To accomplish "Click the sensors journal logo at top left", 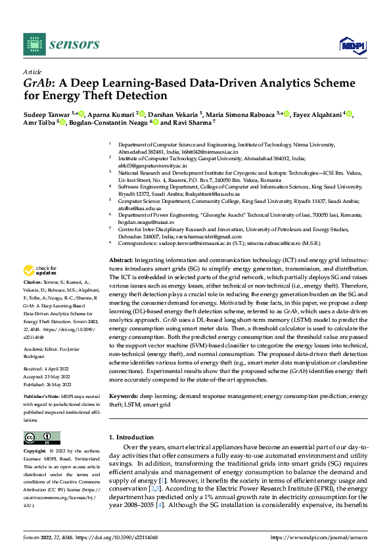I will click(x=62, y=43).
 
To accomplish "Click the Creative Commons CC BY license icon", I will click(x=41, y=438).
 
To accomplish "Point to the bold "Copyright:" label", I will click(x=35, y=452).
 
